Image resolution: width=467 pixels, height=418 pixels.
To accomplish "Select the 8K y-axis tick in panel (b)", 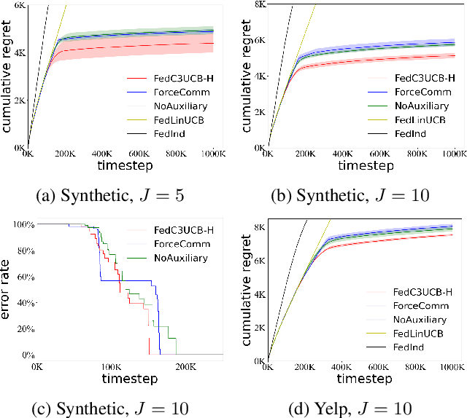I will coord(258,4).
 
